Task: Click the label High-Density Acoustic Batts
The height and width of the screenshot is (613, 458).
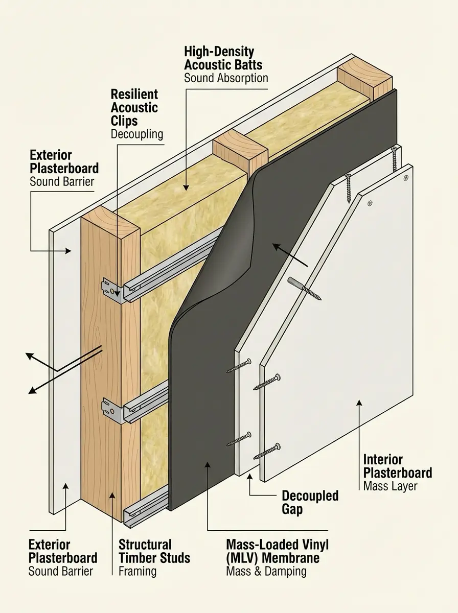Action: [x=223, y=58]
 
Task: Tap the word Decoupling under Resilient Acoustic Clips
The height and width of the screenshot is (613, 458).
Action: [x=136, y=134]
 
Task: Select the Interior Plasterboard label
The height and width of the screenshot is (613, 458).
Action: [x=397, y=466]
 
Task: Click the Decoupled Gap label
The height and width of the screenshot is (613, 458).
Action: [x=310, y=502]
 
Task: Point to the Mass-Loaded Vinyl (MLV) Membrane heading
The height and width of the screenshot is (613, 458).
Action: [x=277, y=551]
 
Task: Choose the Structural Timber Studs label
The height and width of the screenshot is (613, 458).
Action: [x=154, y=551]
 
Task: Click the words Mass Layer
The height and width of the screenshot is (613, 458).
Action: [x=390, y=486]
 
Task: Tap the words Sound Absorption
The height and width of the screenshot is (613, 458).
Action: [x=226, y=78]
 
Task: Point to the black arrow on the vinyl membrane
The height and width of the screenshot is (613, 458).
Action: [x=289, y=255]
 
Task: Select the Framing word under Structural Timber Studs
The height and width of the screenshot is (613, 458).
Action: [x=137, y=571]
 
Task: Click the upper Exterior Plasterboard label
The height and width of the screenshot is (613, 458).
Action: [x=64, y=161]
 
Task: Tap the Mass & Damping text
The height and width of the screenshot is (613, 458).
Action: [x=266, y=571]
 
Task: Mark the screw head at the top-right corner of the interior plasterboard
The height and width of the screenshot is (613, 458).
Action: [x=406, y=177]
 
